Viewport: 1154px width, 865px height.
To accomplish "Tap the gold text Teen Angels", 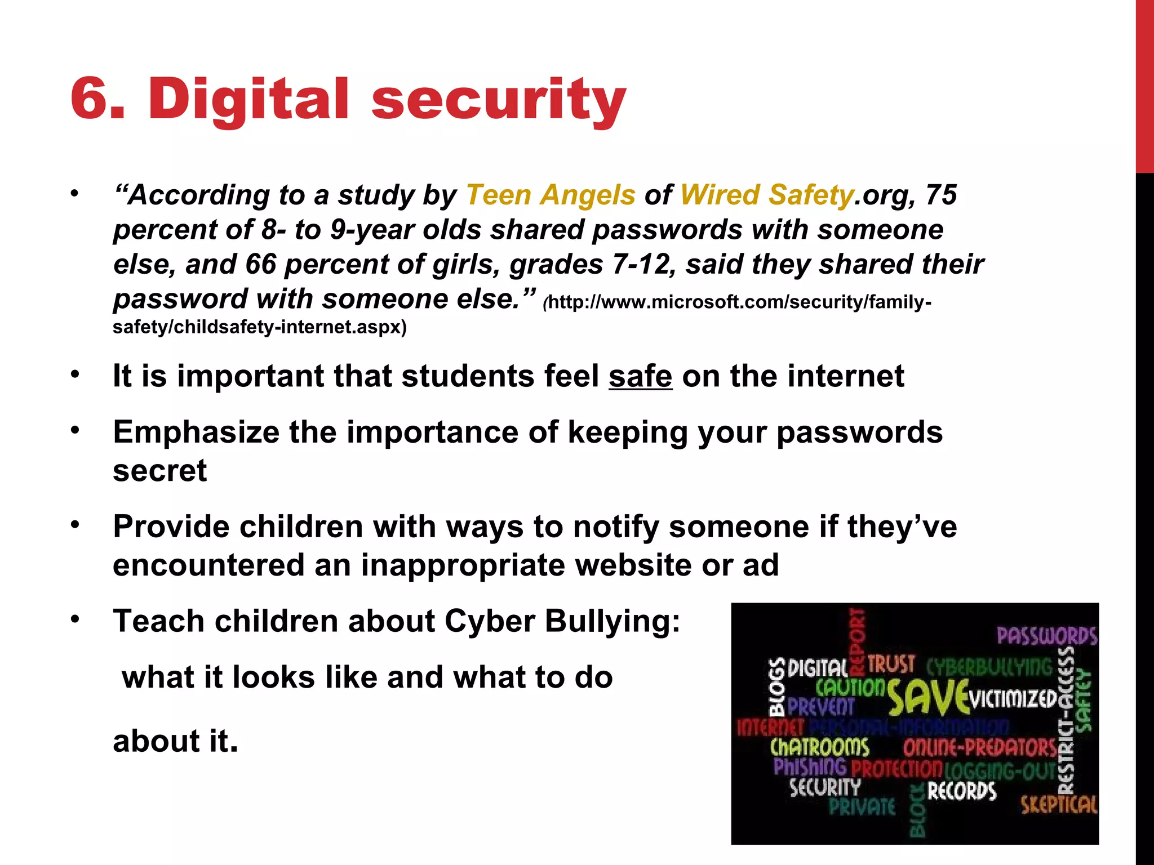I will pos(551,195).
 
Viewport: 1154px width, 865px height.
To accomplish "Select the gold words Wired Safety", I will pos(767,195).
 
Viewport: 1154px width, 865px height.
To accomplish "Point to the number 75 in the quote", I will pos(940,195).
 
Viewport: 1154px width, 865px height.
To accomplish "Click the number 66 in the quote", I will pos(261,265).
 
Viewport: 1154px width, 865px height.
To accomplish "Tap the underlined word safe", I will pos(640,376).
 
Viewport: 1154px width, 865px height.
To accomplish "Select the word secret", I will pos(160,471).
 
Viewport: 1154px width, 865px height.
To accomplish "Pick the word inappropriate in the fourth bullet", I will pos(463,565).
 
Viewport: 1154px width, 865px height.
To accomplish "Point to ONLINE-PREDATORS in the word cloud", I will pos(980,748).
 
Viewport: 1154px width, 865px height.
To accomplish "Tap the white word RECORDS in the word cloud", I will pos(962,791).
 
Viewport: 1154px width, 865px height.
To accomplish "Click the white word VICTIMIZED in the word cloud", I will pos(1013,699).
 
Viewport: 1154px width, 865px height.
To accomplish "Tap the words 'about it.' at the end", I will pos(175,741).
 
